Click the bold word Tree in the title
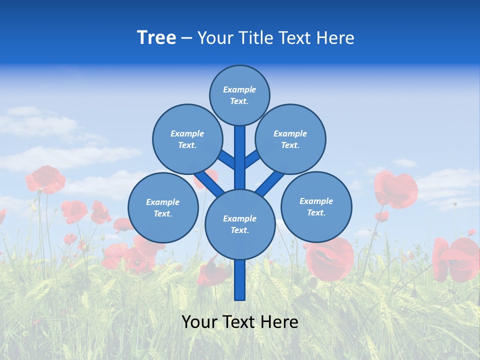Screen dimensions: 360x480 pos(156,38)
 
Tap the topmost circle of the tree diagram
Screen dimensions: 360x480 pos(239,95)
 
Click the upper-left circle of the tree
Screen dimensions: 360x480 pos(187,139)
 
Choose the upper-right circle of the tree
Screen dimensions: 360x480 pos(290,139)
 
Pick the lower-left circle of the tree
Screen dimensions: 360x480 pos(163,207)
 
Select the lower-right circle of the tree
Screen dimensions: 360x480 pos(316,206)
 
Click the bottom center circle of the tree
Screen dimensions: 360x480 pos(240,224)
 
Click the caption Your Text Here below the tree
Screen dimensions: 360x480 pos(240,322)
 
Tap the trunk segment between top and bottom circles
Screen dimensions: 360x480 pos(240,157)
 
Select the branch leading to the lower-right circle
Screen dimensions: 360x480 pos(269,184)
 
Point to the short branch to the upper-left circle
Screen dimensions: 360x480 pos(226,159)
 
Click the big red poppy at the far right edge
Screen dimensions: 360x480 pos(456,259)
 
